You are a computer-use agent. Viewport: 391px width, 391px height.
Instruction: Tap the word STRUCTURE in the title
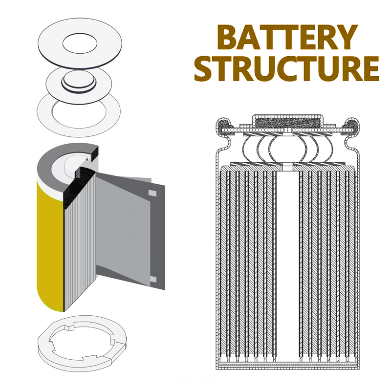click(286, 69)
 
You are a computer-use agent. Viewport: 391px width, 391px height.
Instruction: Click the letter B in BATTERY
click(228, 38)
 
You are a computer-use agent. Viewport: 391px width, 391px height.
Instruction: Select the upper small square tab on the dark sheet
click(152, 194)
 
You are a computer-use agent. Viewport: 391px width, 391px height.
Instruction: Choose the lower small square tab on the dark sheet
click(152, 279)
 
